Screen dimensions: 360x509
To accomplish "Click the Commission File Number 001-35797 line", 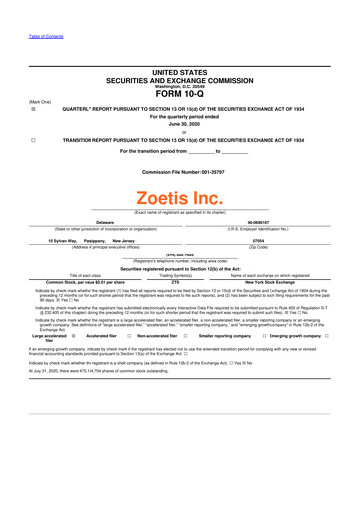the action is (x=179, y=173).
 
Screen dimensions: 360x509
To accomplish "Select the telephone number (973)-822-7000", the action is (x=179, y=254).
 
